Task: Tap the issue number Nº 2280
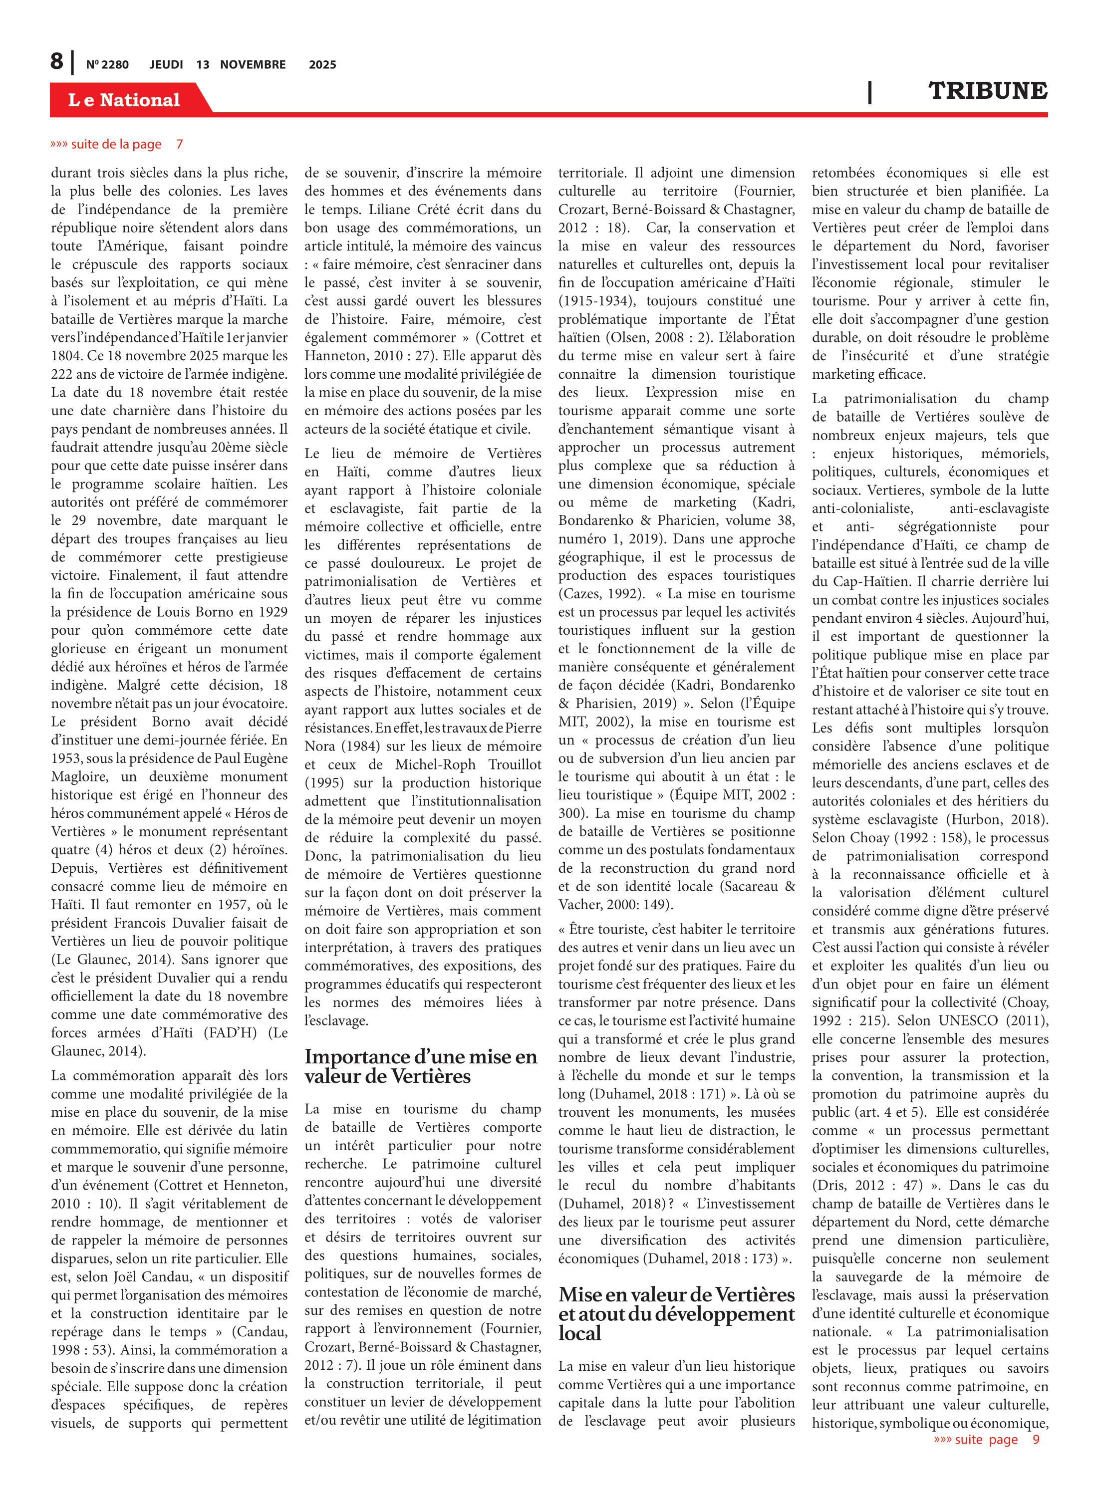coord(107,64)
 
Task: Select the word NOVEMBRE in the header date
coord(253,64)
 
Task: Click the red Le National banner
coord(124,100)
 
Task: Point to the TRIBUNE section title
coord(988,91)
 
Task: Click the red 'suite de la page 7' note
coord(117,144)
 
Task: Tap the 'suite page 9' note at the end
coord(987,1439)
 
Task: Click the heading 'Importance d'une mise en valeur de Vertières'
coord(421,1066)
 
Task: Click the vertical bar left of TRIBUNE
coord(869,92)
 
